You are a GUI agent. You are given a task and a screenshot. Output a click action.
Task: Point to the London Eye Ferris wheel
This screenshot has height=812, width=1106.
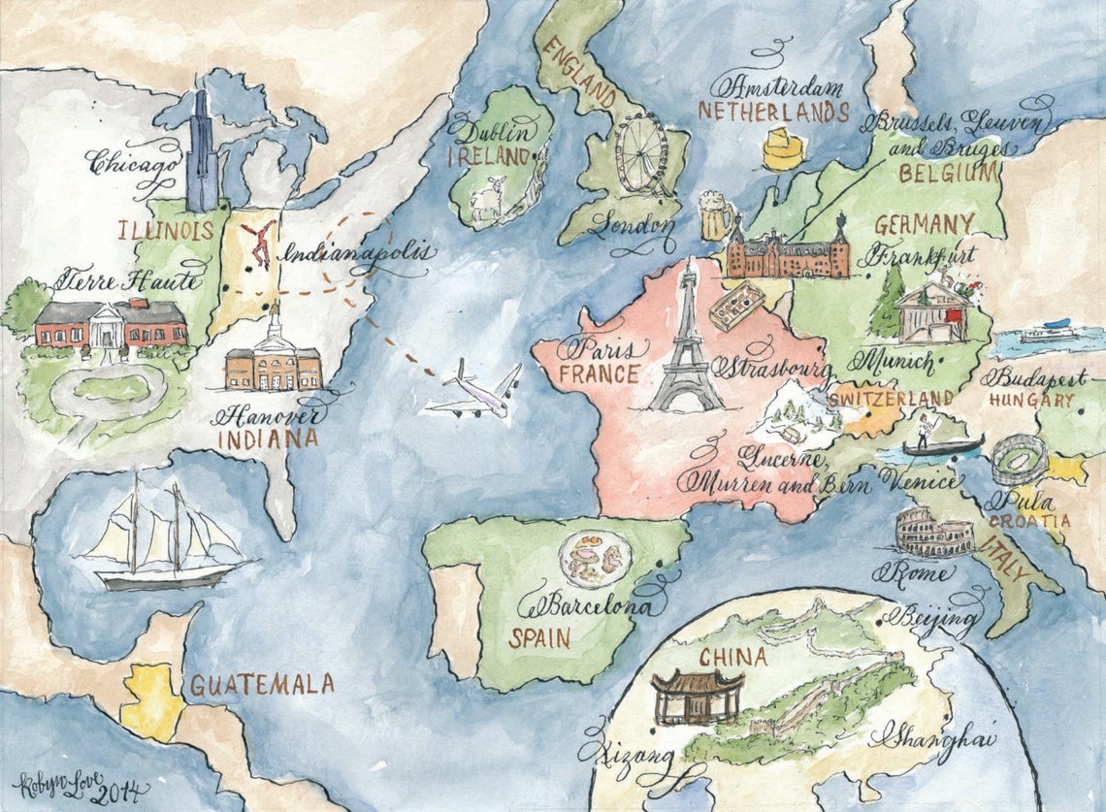[x=641, y=154]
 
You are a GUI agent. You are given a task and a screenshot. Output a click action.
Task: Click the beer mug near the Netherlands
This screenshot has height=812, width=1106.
[x=715, y=215]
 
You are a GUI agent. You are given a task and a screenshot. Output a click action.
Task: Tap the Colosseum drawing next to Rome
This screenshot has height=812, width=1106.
[x=932, y=533]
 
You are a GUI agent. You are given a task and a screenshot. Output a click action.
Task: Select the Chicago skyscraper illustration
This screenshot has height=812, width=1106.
[x=203, y=152]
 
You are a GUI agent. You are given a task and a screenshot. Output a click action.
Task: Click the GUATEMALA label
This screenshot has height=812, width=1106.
[x=262, y=685]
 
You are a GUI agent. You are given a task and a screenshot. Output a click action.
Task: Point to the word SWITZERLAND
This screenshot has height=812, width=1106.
[x=891, y=399]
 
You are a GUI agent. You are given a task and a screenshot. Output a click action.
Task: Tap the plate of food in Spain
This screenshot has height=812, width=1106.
[x=595, y=559]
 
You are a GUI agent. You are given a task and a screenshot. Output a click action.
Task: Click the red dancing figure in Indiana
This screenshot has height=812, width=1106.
[x=259, y=244]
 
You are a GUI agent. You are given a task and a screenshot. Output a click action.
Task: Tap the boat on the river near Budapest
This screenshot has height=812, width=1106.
[x=1045, y=332]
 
